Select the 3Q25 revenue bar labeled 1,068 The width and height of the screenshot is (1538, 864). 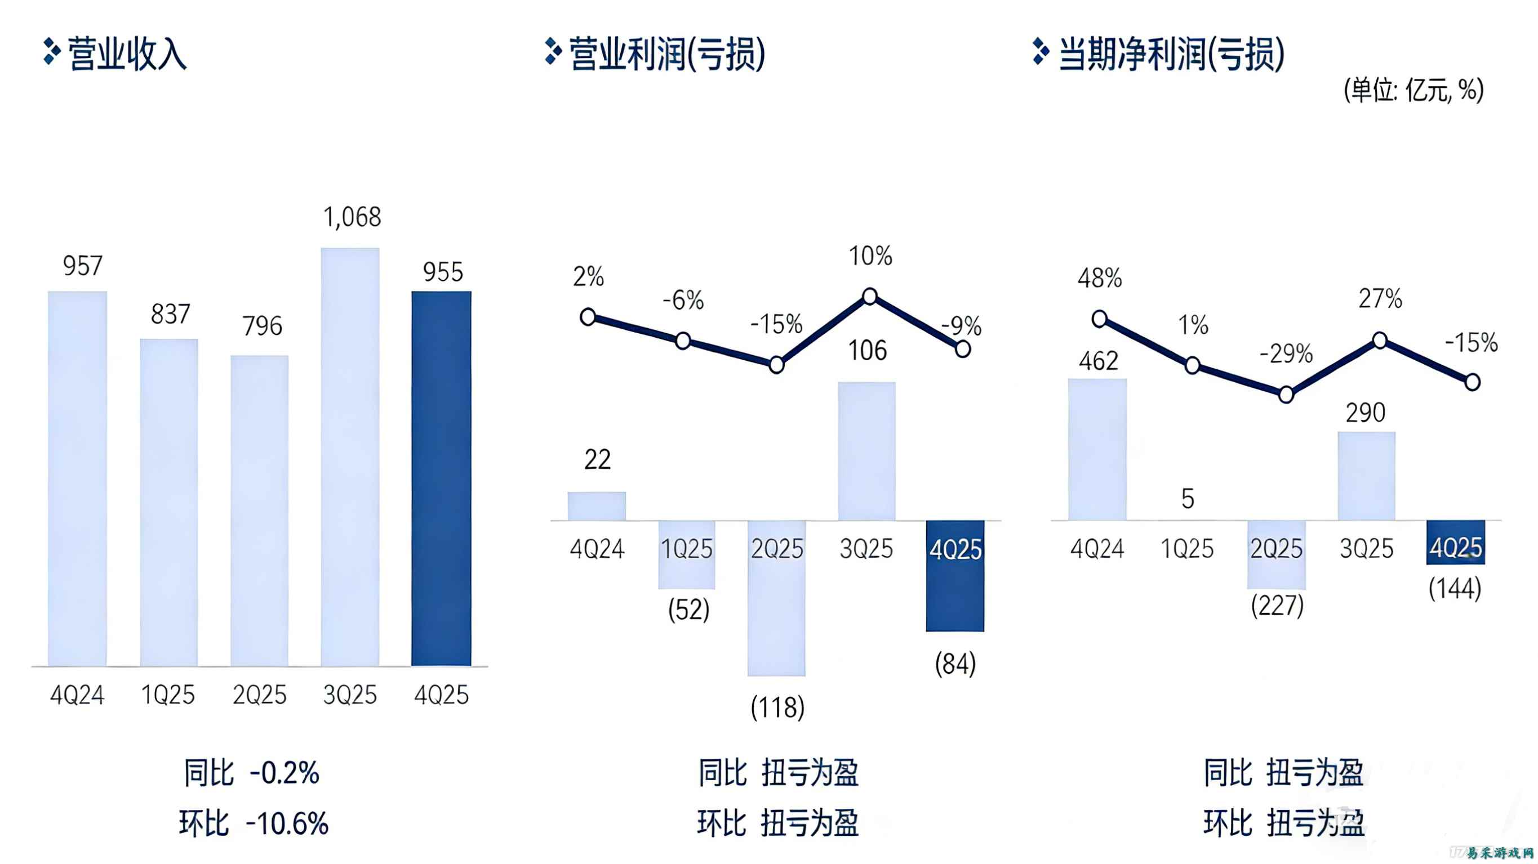click(350, 456)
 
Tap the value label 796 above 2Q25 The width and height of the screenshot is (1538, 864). click(261, 326)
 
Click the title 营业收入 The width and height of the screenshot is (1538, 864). click(127, 53)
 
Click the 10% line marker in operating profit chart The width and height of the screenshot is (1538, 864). click(870, 296)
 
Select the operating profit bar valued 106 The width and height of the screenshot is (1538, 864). click(866, 450)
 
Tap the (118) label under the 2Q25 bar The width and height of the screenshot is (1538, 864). click(777, 708)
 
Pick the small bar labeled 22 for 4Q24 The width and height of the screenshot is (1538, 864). click(597, 506)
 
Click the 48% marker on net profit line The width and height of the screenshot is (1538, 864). click(1099, 319)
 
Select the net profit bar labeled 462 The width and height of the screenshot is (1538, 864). click(1097, 449)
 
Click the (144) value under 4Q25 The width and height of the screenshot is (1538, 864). click(1455, 588)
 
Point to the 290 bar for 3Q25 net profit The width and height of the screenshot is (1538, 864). click(1366, 476)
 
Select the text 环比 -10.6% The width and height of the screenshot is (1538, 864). click(253, 823)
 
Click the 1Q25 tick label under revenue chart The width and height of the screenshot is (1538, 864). click(168, 695)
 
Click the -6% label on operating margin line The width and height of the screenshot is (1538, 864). click(683, 300)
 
